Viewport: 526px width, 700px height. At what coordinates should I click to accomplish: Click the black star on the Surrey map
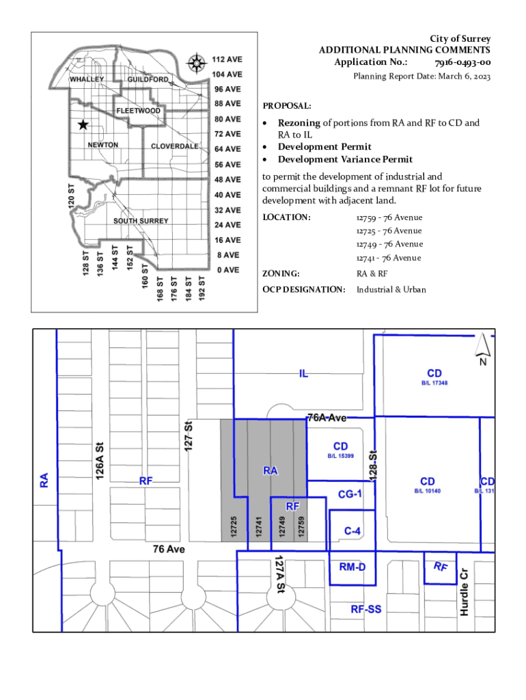click(83, 124)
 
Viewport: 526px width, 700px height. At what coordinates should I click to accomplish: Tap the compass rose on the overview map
click(196, 63)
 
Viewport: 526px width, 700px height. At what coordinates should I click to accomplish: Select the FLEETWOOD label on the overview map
click(138, 111)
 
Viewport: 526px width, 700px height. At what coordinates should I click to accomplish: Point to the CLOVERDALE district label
click(174, 146)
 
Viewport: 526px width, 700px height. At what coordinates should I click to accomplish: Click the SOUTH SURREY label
click(141, 221)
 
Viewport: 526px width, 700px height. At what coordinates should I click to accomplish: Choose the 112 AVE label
click(227, 59)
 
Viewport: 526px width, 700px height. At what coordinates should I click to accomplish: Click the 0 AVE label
click(228, 270)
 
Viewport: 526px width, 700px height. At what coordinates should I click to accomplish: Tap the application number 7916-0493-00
click(462, 62)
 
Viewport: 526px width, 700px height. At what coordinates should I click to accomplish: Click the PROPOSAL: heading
click(287, 106)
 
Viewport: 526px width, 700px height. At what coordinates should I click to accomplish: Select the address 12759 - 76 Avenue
click(389, 217)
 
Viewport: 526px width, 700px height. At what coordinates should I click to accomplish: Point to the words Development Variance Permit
click(345, 159)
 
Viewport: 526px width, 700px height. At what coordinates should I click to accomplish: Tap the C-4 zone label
click(352, 530)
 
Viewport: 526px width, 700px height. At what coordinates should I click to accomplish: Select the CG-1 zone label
click(350, 494)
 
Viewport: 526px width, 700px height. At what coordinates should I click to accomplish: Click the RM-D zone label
click(352, 567)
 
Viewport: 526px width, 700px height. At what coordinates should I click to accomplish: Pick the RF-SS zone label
click(366, 609)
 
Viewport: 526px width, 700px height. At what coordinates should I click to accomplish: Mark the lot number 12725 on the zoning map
click(234, 526)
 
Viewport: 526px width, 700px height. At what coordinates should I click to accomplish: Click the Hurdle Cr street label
click(465, 593)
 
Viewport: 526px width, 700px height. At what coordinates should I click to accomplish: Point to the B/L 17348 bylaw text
click(434, 383)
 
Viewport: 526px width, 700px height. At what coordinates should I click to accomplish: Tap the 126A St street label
click(100, 461)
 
